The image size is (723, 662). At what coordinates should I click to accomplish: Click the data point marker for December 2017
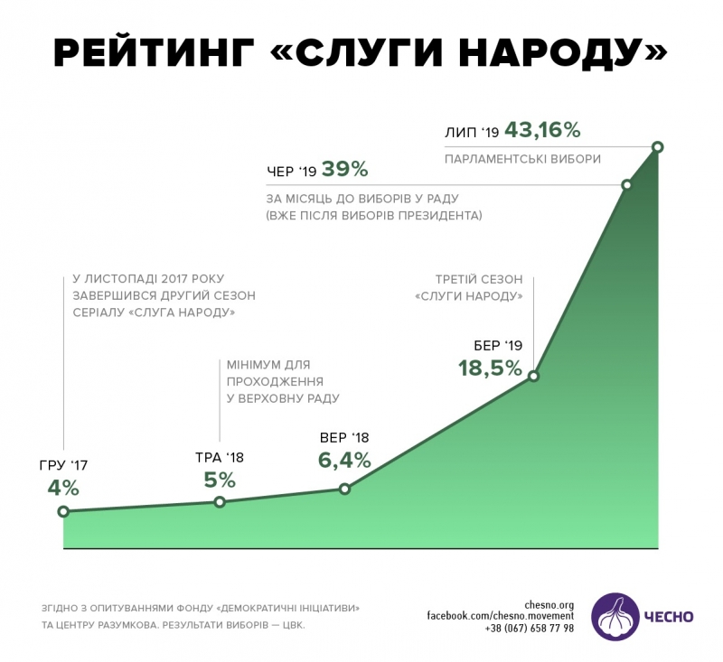(63, 511)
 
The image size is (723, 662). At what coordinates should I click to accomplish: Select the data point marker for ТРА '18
(220, 501)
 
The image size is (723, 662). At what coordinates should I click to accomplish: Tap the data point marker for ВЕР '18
(344, 489)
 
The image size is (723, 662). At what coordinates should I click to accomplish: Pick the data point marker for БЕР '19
(533, 376)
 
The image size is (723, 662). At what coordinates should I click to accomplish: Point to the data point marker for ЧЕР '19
(626, 184)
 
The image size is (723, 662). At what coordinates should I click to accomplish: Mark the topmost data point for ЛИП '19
(657, 146)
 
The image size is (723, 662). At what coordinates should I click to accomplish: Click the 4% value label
(63, 489)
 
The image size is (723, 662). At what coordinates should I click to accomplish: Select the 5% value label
(220, 479)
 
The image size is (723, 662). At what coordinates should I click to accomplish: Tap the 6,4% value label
(344, 460)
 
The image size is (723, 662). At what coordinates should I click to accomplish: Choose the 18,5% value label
(490, 368)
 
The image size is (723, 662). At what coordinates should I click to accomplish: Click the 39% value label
(345, 169)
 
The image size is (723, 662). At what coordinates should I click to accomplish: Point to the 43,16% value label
(542, 130)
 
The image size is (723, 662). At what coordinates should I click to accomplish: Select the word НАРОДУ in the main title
(560, 54)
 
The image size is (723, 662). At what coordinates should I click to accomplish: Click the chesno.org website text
(549, 604)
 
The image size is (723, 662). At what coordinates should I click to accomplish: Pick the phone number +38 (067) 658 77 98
(529, 629)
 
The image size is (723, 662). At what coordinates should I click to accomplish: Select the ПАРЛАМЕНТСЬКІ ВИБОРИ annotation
(522, 159)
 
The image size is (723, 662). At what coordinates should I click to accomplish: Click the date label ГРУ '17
(63, 466)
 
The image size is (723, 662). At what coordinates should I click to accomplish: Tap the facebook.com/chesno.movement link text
(501, 616)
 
